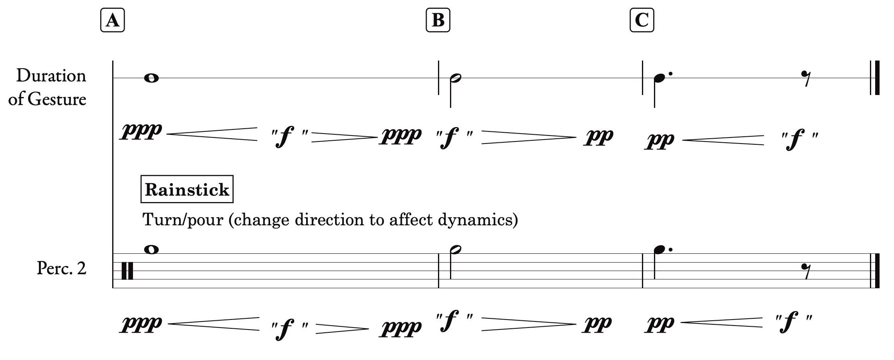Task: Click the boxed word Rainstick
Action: pos(187,189)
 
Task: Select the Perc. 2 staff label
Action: pos(61,268)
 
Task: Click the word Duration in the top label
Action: pos(51,75)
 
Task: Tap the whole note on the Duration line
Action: pos(151,78)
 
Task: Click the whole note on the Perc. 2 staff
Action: pos(151,249)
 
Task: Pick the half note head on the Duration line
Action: pos(455,78)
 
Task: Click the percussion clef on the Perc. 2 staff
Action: pos(127,271)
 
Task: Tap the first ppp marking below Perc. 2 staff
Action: pos(141,324)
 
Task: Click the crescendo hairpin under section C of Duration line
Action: pos(723,140)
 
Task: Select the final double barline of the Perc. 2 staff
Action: pos(875,271)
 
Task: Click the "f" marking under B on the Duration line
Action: pos(454,138)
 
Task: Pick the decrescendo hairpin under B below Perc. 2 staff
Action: pos(528,324)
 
